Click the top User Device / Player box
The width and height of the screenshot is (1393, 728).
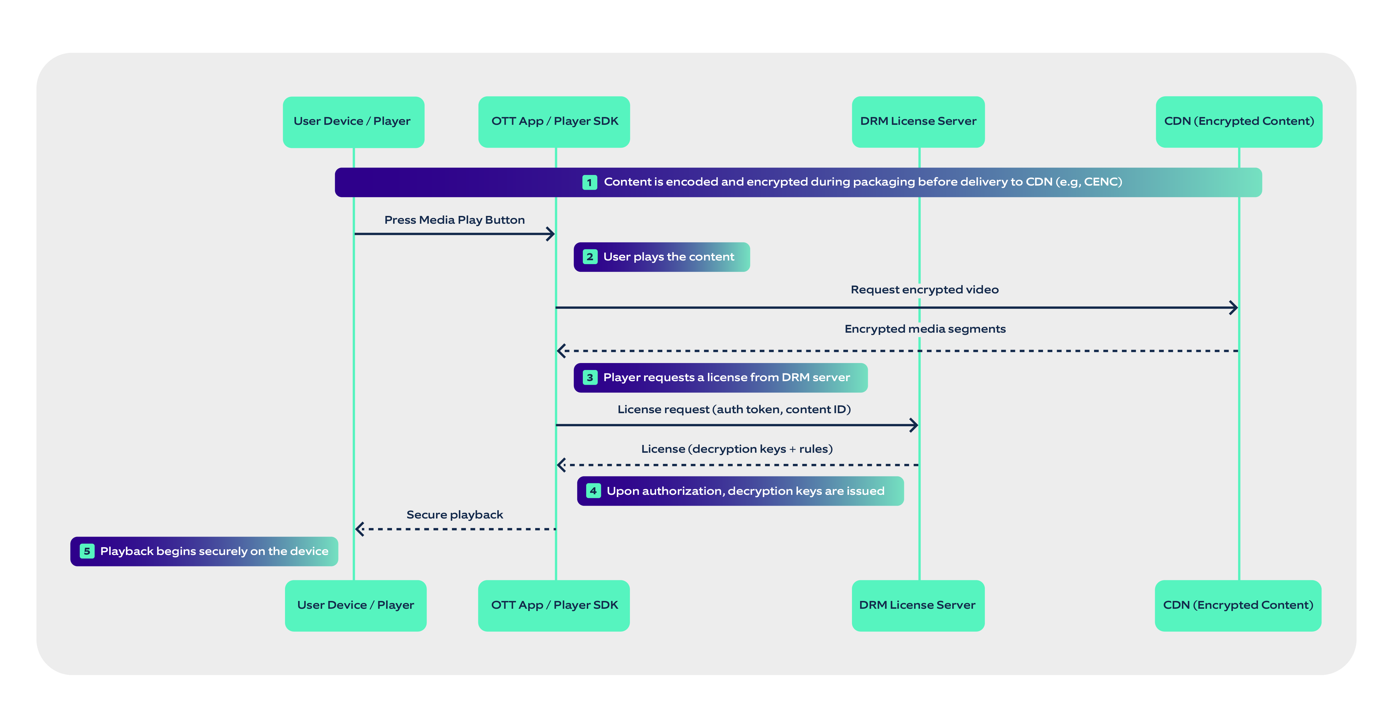pyautogui.click(x=353, y=122)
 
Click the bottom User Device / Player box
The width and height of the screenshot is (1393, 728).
pyautogui.click(x=355, y=605)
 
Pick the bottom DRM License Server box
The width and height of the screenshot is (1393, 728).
pyautogui.click(x=918, y=605)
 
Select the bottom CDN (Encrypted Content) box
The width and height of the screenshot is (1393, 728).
pyautogui.click(x=1238, y=605)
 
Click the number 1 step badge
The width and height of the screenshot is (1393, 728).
pyautogui.click(x=590, y=182)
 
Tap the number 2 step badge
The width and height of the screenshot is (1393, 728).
pyautogui.click(x=590, y=257)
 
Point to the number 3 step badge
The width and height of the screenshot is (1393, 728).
pyautogui.click(x=590, y=378)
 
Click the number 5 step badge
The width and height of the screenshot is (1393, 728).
pyautogui.click(x=87, y=551)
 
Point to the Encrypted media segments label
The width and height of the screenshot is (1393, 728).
pyautogui.click(x=925, y=329)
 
